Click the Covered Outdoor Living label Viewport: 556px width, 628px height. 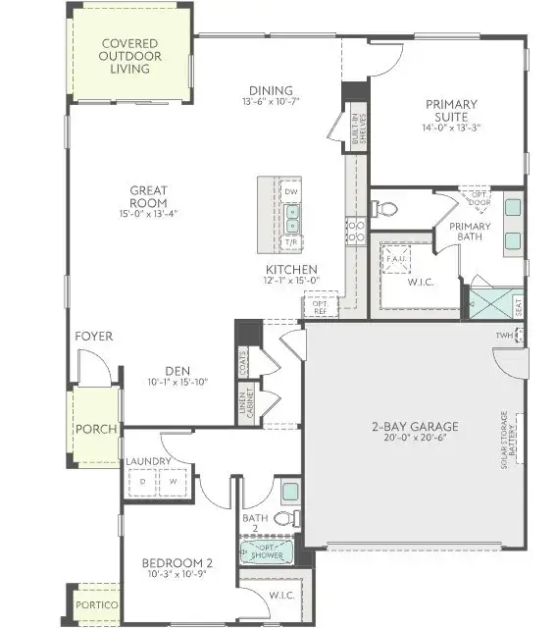pos(130,57)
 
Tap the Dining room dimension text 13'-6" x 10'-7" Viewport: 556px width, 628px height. pos(271,100)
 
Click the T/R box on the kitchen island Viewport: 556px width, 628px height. pos(291,241)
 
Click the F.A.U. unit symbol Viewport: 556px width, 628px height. pos(397,254)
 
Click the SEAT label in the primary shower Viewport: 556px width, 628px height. pos(518,306)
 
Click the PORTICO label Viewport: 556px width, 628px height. pos(98,605)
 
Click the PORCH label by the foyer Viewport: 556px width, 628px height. pos(96,429)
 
